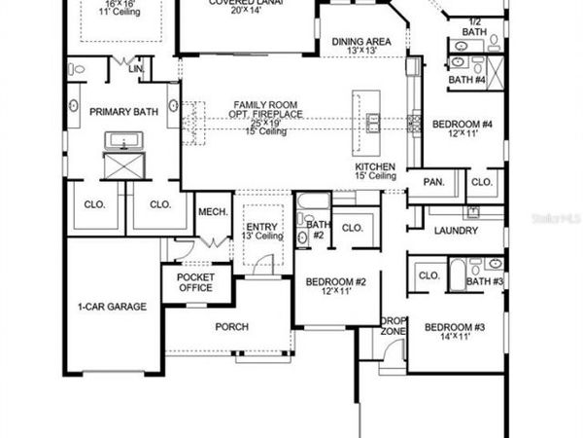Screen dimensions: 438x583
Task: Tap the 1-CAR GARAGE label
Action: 113,307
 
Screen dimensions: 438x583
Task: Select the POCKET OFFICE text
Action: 195,283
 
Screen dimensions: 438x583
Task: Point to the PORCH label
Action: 231,326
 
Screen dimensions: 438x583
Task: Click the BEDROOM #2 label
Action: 335,282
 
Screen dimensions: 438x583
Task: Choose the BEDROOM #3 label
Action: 454,329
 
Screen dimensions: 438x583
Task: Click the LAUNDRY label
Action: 456,231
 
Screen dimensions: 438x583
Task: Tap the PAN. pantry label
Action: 432,181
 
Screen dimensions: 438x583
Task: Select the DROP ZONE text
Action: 393,326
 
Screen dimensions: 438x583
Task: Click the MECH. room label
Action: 212,211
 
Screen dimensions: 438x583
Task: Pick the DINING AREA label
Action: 361,42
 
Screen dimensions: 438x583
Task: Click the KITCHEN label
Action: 374,166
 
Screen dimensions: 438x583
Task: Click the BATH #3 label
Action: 483,281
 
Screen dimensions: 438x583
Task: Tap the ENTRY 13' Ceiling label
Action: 261,231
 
